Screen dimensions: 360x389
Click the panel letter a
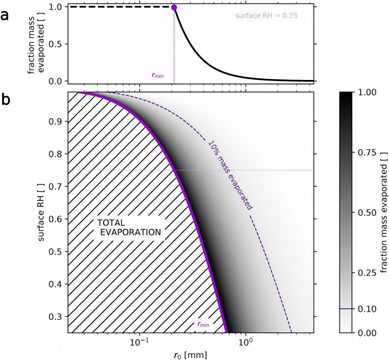click(x=5, y=15)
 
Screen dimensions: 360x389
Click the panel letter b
click(x=6, y=102)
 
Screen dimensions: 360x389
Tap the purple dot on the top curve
click(x=174, y=7)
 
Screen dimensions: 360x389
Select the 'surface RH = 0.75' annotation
click(x=267, y=16)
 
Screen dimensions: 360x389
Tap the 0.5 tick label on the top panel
click(x=53, y=44)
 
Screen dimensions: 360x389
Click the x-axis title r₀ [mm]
click(x=190, y=353)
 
